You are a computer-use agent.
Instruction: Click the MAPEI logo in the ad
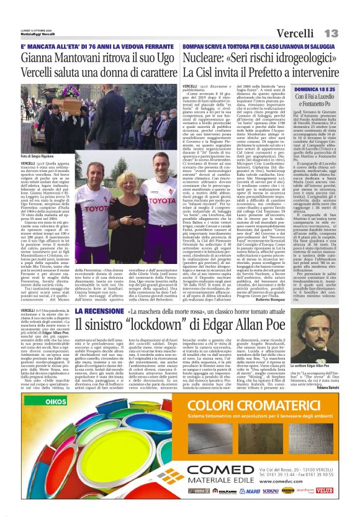click(250, 490)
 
